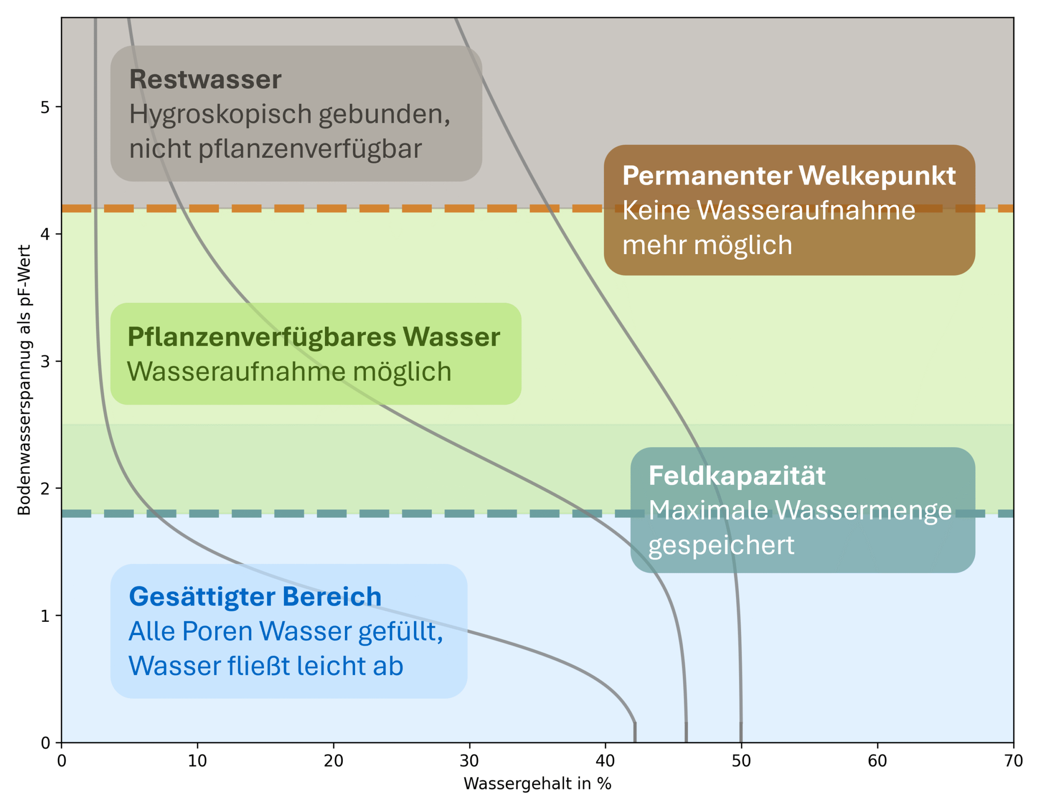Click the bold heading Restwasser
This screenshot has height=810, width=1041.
click(205, 79)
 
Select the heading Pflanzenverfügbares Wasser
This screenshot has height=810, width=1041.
click(314, 337)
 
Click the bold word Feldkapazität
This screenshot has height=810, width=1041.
click(737, 475)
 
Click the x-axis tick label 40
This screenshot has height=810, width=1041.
click(605, 760)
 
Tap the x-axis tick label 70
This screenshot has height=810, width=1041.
click(1013, 760)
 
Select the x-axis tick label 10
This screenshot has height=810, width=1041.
click(197, 760)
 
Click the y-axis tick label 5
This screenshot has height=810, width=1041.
click(45, 107)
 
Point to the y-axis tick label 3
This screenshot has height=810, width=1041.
click(45, 361)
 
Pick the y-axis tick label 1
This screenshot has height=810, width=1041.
click(45, 616)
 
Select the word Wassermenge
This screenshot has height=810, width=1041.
click(863, 510)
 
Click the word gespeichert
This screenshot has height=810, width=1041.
click(721, 545)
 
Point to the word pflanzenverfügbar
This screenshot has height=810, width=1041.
click(310, 149)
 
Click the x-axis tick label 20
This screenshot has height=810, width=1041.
click(333, 760)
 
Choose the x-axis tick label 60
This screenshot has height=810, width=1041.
click(877, 760)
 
